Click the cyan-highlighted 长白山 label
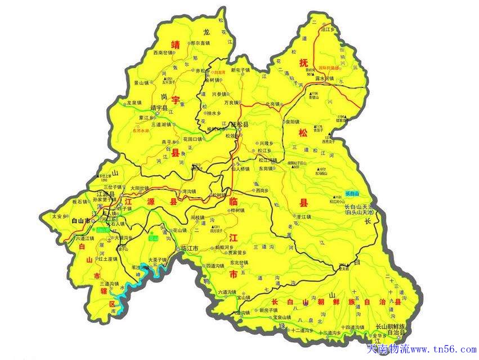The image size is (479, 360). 355,193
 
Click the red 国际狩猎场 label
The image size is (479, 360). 328,67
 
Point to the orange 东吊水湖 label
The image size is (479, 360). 141,130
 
